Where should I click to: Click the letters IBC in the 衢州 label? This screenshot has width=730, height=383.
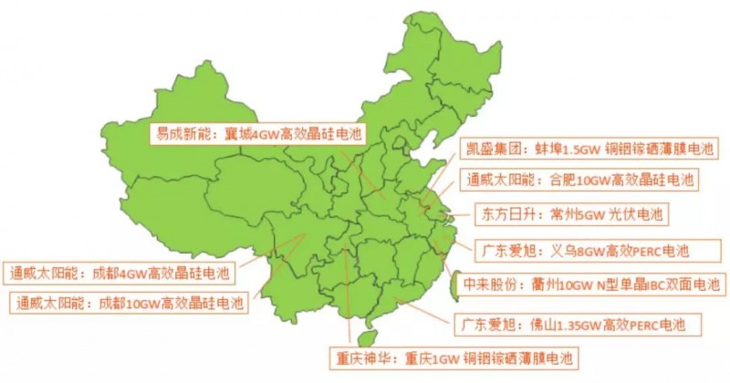click(652, 285)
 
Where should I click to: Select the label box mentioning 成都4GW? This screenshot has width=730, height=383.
click(120, 271)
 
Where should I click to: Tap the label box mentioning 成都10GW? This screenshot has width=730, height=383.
click(129, 302)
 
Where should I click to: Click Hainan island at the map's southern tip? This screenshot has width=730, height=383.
click(369, 321)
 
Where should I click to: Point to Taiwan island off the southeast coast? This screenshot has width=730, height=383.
click(458, 278)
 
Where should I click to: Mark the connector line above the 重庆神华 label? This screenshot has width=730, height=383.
click(348, 301)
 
